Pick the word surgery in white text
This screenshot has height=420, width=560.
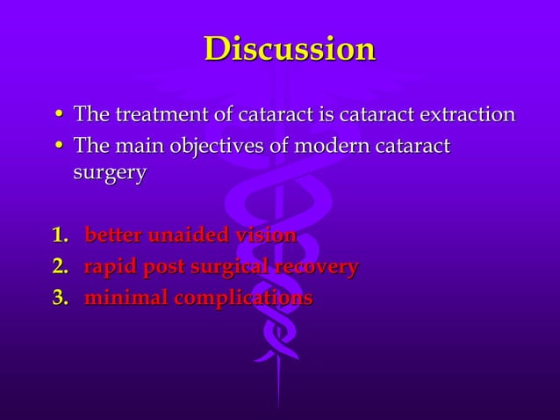[110, 173]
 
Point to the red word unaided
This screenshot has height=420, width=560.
[188, 235]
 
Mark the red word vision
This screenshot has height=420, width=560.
[264, 235]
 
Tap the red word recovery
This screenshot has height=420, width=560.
[317, 267]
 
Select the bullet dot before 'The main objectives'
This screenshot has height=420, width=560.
[58, 146]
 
